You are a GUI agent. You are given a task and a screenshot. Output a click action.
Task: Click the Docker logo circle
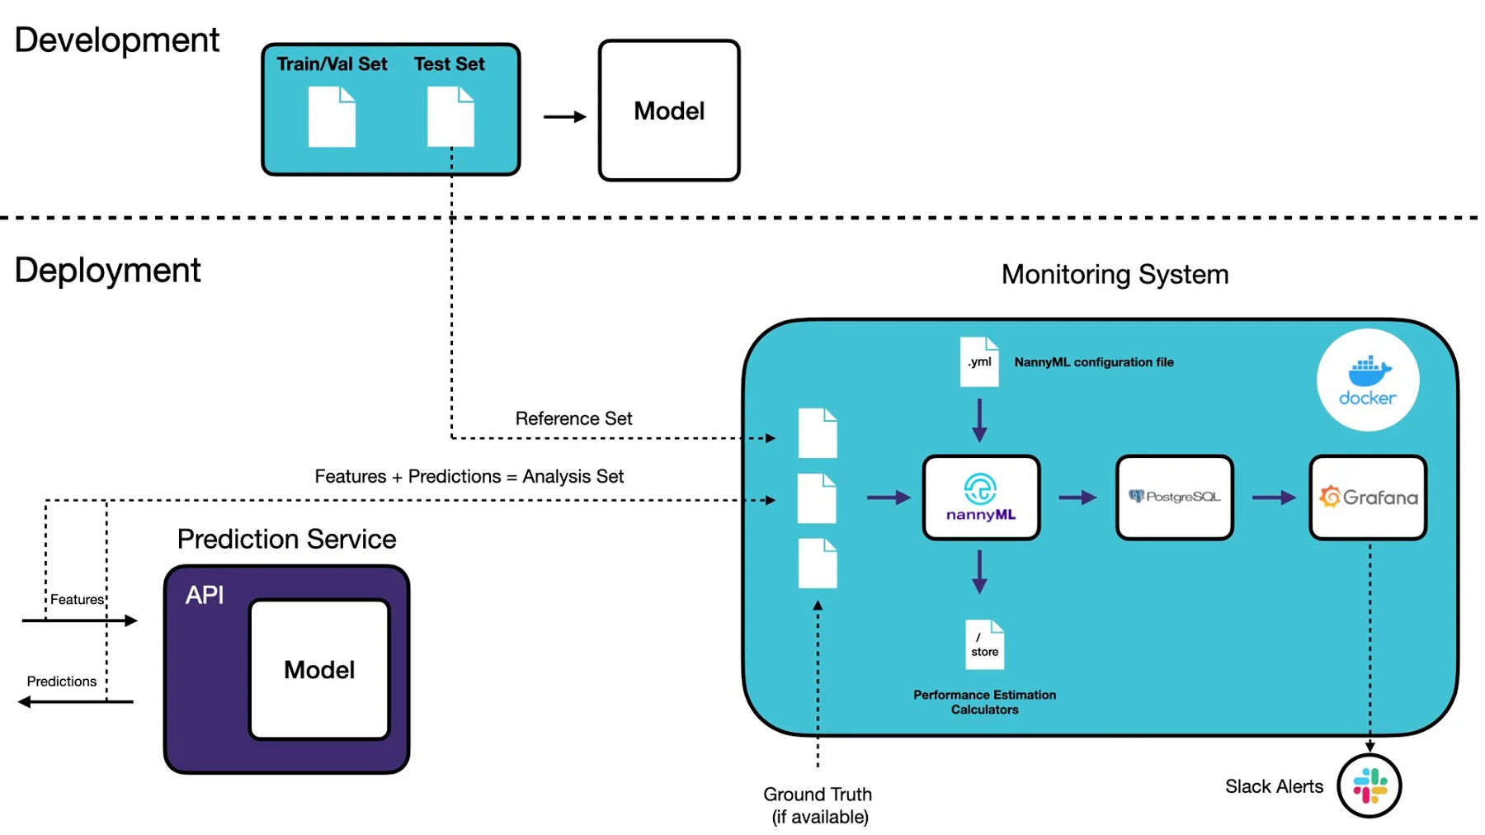click(x=1367, y=380)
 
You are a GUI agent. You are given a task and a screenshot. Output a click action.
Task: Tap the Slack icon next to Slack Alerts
click(x=1369, y=785)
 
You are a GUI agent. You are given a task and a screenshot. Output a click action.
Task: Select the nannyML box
click(x=981, y=498)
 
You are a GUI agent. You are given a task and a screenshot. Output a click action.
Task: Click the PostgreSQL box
click(x=1174, y=498)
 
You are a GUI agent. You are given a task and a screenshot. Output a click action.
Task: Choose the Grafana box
click(x=1368, y=498)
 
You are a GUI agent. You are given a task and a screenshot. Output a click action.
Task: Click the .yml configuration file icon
click(x=979, y=361)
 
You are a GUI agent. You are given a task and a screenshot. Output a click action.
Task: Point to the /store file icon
click(x=984, y=644)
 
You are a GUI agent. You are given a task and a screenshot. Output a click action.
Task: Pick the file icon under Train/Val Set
click(x=332, y=116)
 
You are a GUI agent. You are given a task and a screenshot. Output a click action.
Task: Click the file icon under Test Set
click(x=450, y=116)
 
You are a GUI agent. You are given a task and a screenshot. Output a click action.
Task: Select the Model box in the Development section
click(x=668, y=111)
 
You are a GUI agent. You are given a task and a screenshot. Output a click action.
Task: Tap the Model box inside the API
click(x=319, y=669)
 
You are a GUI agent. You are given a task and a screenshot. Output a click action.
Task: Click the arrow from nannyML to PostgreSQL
click(x=1077, y=498)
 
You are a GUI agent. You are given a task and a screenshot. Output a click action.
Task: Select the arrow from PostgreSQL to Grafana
click(x=1273, y=498)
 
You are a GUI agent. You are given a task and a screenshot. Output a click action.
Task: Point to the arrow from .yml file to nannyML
click(x=979, y=421)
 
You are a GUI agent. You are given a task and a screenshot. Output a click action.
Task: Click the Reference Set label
click(x=573, y=418)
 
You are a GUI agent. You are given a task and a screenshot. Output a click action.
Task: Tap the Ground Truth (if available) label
click(x=818, y=805)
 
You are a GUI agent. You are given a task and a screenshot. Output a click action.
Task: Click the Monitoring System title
click(x=1115, y=275)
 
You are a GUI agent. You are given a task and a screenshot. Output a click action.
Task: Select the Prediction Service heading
click(x=286, y=539)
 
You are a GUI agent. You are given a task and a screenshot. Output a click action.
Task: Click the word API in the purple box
click(x=205, y=595)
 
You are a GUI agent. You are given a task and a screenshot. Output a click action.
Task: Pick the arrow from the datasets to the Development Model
click(x=564, y=117)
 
